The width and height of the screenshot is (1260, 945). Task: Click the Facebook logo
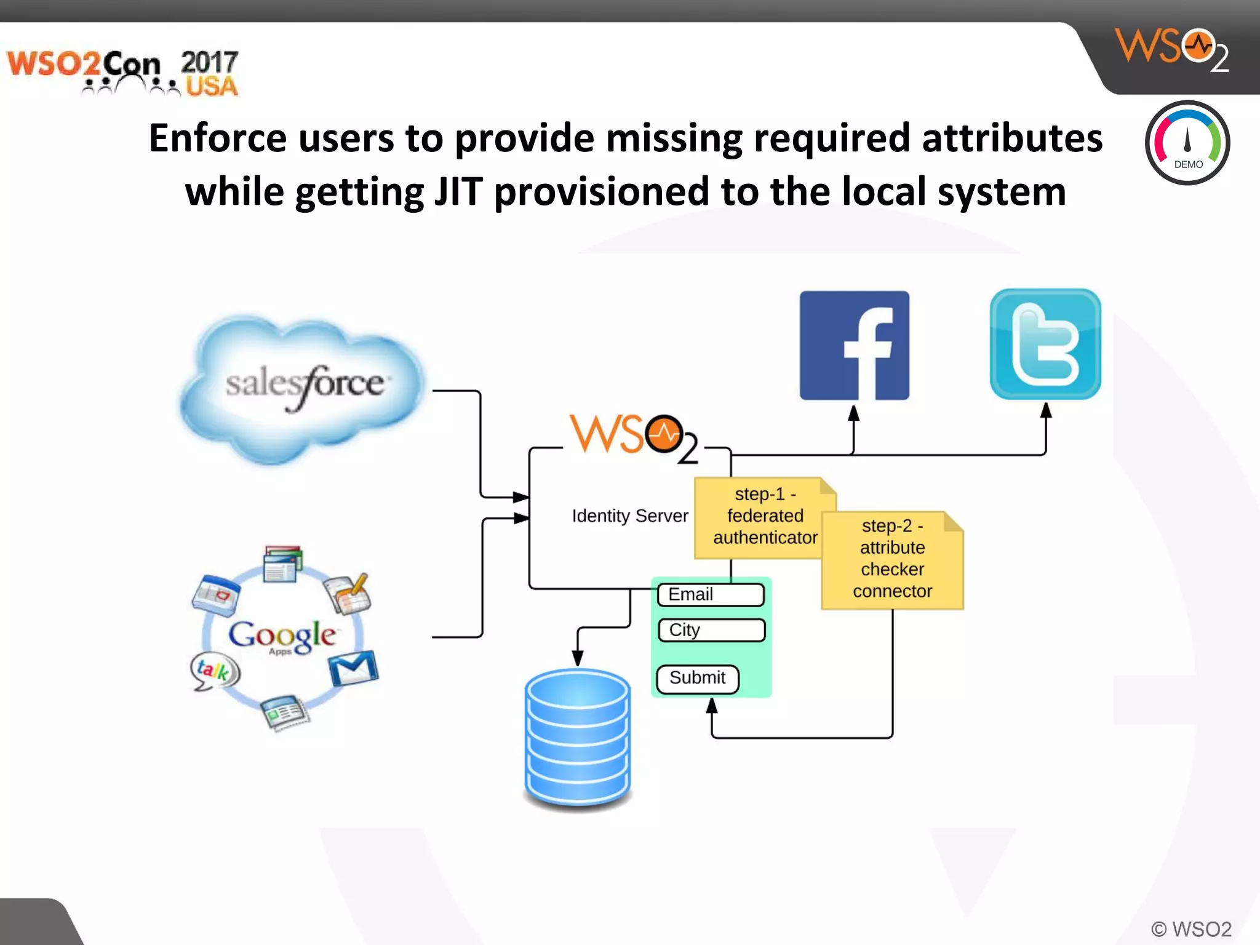tap(854, 345)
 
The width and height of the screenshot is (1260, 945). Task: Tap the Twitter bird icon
tap(1045, 345)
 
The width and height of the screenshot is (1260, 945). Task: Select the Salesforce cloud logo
tap(303, 386)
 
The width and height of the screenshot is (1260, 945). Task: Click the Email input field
tap(711, 594)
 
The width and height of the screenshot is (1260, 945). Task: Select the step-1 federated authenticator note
tap(765, 517)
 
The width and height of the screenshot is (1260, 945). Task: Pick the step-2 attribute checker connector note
tap(892, 559)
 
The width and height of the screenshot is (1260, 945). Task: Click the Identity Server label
tap(629, 516)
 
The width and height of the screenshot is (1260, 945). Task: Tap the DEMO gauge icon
tap(1187, 143)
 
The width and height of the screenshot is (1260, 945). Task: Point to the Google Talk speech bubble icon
tap(213, 671)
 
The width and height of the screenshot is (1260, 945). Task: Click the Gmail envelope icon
tap(353, 668)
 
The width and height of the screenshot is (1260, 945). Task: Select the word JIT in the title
tap(458, 191)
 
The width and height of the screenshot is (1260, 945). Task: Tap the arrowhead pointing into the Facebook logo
tap(853, 413)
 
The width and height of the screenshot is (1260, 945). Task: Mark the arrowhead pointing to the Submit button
tap(712, 706)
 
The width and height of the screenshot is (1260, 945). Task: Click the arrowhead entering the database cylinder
tap(577, 658)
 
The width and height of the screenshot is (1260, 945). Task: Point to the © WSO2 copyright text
tap(1191, 928)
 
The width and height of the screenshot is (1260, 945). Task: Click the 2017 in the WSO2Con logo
tap(209, 62)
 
